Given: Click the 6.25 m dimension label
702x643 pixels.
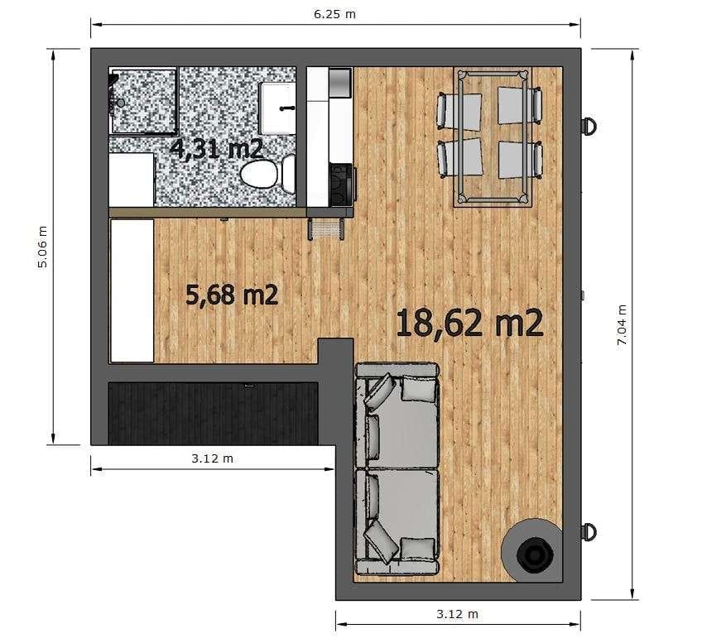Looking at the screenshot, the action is coord(334,14).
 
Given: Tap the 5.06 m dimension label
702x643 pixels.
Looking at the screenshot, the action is coord(42,247).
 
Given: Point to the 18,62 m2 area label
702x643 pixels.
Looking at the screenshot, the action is coord(469,323).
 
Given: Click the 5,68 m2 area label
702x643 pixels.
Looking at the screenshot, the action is coord(232,295).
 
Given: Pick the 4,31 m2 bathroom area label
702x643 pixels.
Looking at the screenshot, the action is coord(216,149).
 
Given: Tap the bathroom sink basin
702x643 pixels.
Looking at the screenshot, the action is coord(277,108).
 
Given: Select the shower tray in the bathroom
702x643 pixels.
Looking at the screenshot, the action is coord(143,101).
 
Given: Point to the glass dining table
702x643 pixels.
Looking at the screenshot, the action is coord(493,137).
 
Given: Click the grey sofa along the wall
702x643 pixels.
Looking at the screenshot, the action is coord(397,468).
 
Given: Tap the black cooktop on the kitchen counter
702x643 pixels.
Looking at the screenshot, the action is coord(341,185).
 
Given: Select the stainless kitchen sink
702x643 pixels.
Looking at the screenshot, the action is coord(340,83).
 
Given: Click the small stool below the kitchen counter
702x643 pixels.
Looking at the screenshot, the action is coord(326,228).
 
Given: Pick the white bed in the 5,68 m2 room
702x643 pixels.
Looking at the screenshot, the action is coord(132,290).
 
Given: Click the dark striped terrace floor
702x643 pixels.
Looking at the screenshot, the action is coord(213,414).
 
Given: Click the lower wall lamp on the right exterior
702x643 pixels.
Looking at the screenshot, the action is coord(589,532).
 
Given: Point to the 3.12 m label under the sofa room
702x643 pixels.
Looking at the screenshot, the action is coord(457,614).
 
